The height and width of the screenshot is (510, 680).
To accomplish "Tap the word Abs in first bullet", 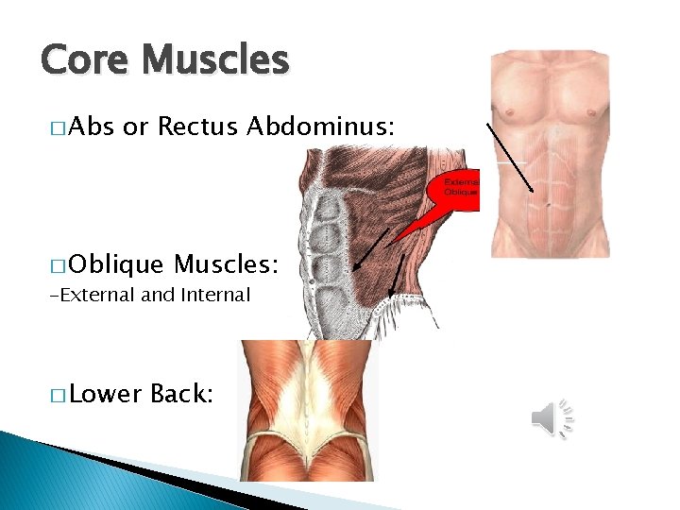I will click(x=92, y=126).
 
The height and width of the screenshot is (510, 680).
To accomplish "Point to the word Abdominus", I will click(x=320, y=126).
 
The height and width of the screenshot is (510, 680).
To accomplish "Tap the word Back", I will click(x=182, y=394).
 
